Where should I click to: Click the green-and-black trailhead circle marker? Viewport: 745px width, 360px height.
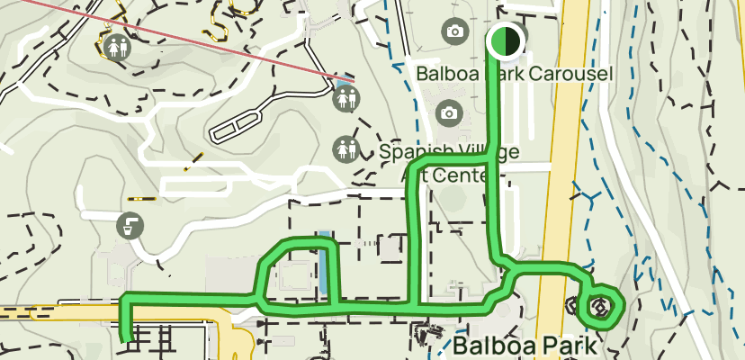pos(506,40)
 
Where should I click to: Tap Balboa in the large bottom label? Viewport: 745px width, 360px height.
pos(498,346)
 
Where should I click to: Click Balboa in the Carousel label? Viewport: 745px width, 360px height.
pos(449,73)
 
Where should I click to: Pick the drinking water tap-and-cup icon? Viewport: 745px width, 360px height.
pos(131,224)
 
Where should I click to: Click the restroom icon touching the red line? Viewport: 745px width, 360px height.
pos(346,98)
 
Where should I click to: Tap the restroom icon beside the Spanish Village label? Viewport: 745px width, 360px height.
pos(346,148)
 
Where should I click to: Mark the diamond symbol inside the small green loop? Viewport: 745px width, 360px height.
pos(600,307)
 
